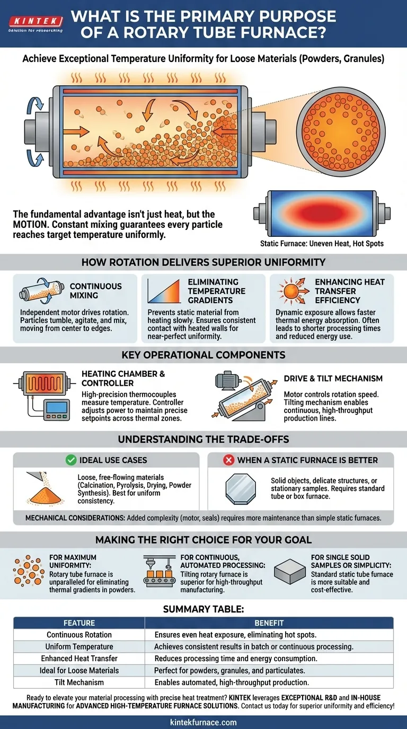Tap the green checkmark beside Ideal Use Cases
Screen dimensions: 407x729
(x=70, y=460)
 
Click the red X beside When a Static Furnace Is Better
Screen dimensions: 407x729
(x=228, y=460)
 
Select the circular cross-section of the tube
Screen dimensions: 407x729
(x=341, y=132)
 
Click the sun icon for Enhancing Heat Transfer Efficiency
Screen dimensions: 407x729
(x=291, y=291)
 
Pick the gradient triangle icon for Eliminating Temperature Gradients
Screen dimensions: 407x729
(x=164, y=291)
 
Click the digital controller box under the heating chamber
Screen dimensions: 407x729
(x=57, y=410)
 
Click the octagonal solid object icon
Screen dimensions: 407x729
(x=241, y=489)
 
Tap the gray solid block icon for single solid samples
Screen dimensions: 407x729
(x=289, y=572)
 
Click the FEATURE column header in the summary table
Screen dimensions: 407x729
(x=79, y=623)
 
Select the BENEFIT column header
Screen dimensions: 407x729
(x=269, y=623)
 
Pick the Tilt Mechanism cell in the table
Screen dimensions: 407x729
(x=79, y=682)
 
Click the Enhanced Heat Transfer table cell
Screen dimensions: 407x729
(x=79, y=659)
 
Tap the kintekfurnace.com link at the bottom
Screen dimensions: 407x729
(x=203, y=722)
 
